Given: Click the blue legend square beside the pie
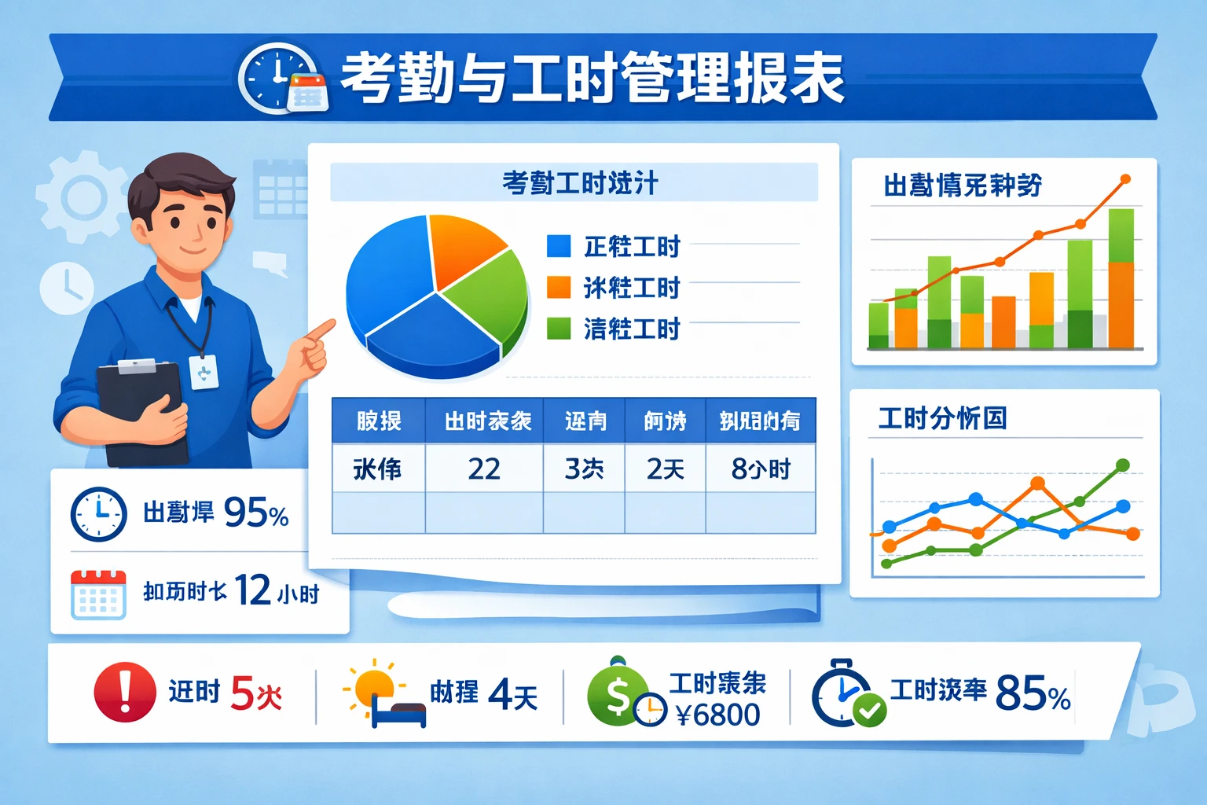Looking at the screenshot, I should click(558, 246).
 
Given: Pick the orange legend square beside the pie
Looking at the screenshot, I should click(558, 287).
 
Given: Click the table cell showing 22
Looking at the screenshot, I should click(484, 469).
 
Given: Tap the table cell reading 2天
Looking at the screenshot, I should click(665, 469).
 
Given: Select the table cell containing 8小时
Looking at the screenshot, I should click(760, 469).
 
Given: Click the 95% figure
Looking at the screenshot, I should click(256, 513).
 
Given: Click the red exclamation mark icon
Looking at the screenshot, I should click(125, 692).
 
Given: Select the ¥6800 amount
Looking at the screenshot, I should click(717, 715).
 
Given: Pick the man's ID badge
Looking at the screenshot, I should click(204, 372).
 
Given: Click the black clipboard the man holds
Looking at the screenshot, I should click(141, 413).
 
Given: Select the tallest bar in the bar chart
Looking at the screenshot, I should click(1121, 278).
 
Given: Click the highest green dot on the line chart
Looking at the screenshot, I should click(1123, 465).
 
